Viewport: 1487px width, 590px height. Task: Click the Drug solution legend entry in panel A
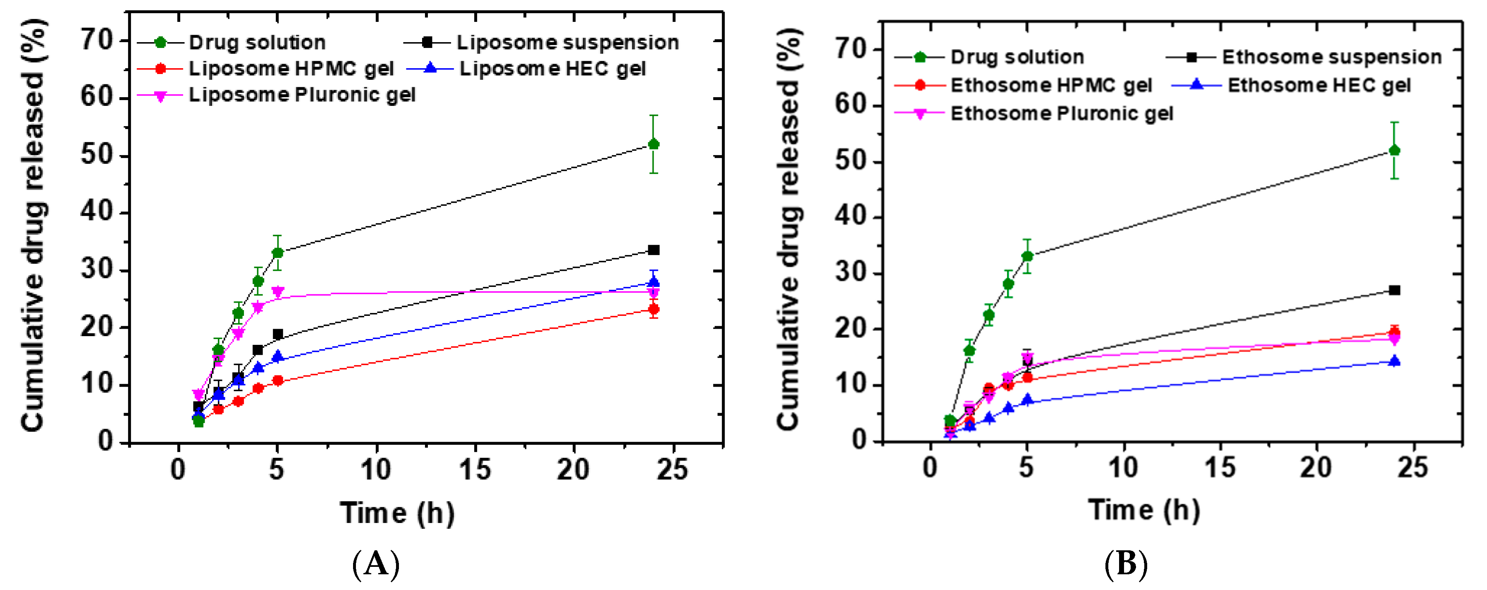(x=257, y=42)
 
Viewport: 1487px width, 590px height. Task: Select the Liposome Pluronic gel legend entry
(x=301, y=95)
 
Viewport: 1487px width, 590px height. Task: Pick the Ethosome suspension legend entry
(x=1332, y=57)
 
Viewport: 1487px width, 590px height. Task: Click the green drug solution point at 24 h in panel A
(x=654, y=144)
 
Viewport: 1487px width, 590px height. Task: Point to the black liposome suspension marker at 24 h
(x=654, y=250)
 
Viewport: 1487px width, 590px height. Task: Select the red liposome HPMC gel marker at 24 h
(x=654, y=309)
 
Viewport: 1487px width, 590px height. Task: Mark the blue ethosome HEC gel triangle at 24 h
(x=1394, y=361)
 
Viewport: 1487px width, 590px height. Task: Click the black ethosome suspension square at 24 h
(x=1394, y=290)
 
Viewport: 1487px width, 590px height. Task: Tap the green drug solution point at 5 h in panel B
(x=1027, y=256)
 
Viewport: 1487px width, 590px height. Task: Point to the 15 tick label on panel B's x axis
(x=1220, y=468)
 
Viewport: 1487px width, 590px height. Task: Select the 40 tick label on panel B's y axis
(x=851, y=217)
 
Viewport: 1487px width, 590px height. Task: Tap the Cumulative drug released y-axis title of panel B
(x=788, y=229)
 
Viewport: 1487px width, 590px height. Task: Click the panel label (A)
(x=376, y=564)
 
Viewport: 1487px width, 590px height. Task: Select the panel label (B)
(x=1126, y=564)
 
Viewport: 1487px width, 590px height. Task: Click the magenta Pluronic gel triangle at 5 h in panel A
(x=278, y=292)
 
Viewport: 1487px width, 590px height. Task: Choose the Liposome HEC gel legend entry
(x=552, y=69)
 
